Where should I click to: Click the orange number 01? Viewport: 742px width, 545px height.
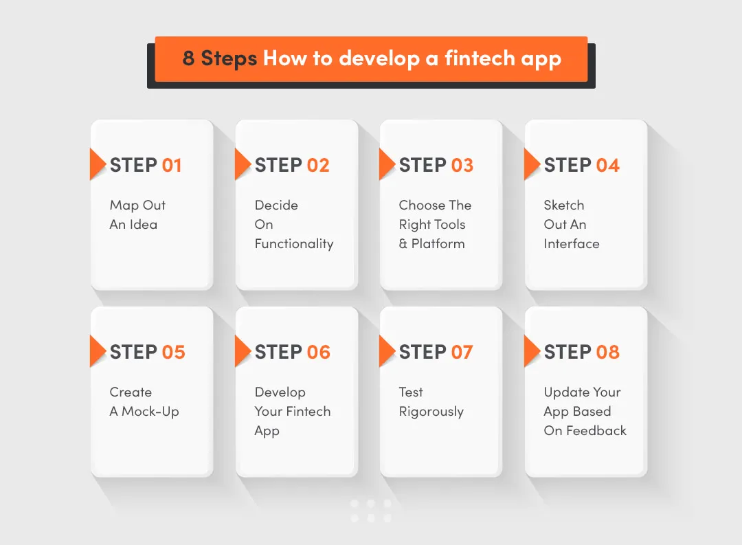tap(172, 166)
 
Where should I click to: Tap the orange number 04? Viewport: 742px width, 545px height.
tap(607, 166)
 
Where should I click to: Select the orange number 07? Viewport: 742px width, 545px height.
tap(462, 353)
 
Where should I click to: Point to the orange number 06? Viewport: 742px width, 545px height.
tap(318, 353)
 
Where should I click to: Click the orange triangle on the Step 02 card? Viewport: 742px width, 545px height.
tap(242, 164)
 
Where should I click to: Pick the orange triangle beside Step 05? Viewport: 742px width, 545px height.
tap(97, 351)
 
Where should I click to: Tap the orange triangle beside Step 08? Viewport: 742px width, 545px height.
tap(531, 351)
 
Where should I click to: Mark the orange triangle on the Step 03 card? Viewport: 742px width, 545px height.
tap(386, 164)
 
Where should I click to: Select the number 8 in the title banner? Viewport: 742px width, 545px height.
tap(188, 58)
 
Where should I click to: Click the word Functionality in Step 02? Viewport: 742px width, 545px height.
tap(294, 244)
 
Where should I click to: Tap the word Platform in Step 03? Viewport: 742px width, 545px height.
tap(438, 244)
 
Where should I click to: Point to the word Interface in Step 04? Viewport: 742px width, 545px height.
tap(572, 244)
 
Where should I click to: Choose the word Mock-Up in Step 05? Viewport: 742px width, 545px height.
tap(150, 412)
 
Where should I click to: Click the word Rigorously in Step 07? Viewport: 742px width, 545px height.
tap(431, 412)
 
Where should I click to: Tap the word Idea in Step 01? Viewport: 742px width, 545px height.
tap(143, 225)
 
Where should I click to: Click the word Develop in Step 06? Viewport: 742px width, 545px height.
tap(280, 392)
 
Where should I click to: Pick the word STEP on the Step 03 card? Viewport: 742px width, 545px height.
tap(423, 166)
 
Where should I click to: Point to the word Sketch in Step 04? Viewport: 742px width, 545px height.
tap(564, 205)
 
